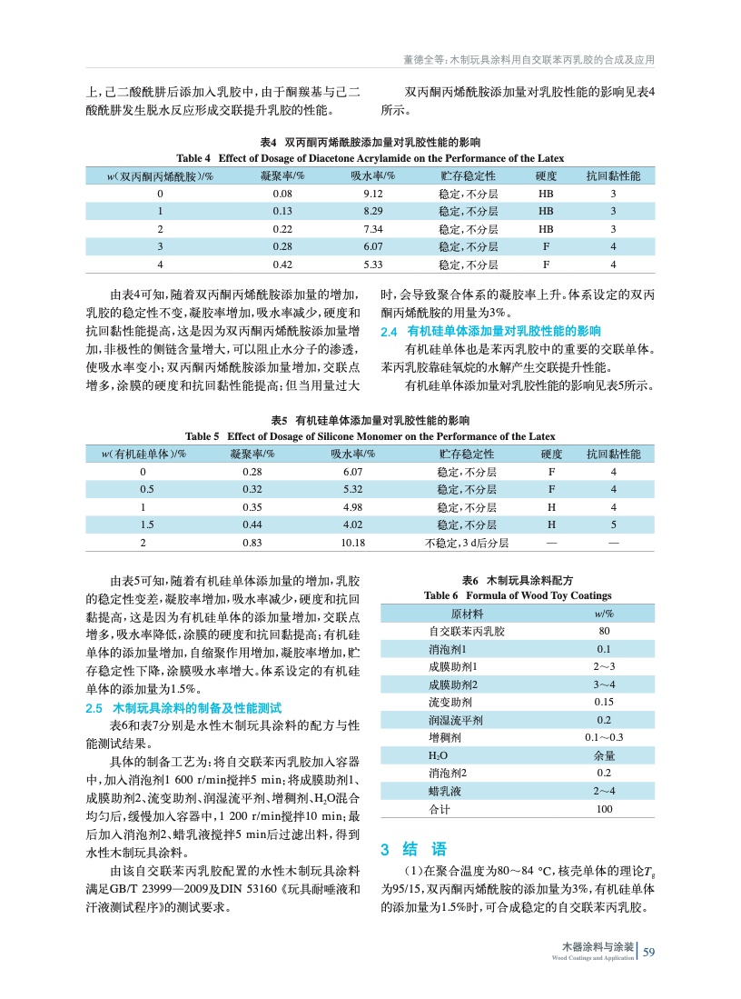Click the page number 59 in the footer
648,953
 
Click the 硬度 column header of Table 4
547,175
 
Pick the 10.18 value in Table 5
352,543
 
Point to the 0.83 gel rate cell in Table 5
252,543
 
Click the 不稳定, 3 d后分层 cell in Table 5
466,543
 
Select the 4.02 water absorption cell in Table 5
352,524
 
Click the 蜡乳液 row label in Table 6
445,791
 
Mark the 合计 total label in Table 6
440,809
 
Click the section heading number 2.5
93,707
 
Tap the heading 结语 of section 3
425,850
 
